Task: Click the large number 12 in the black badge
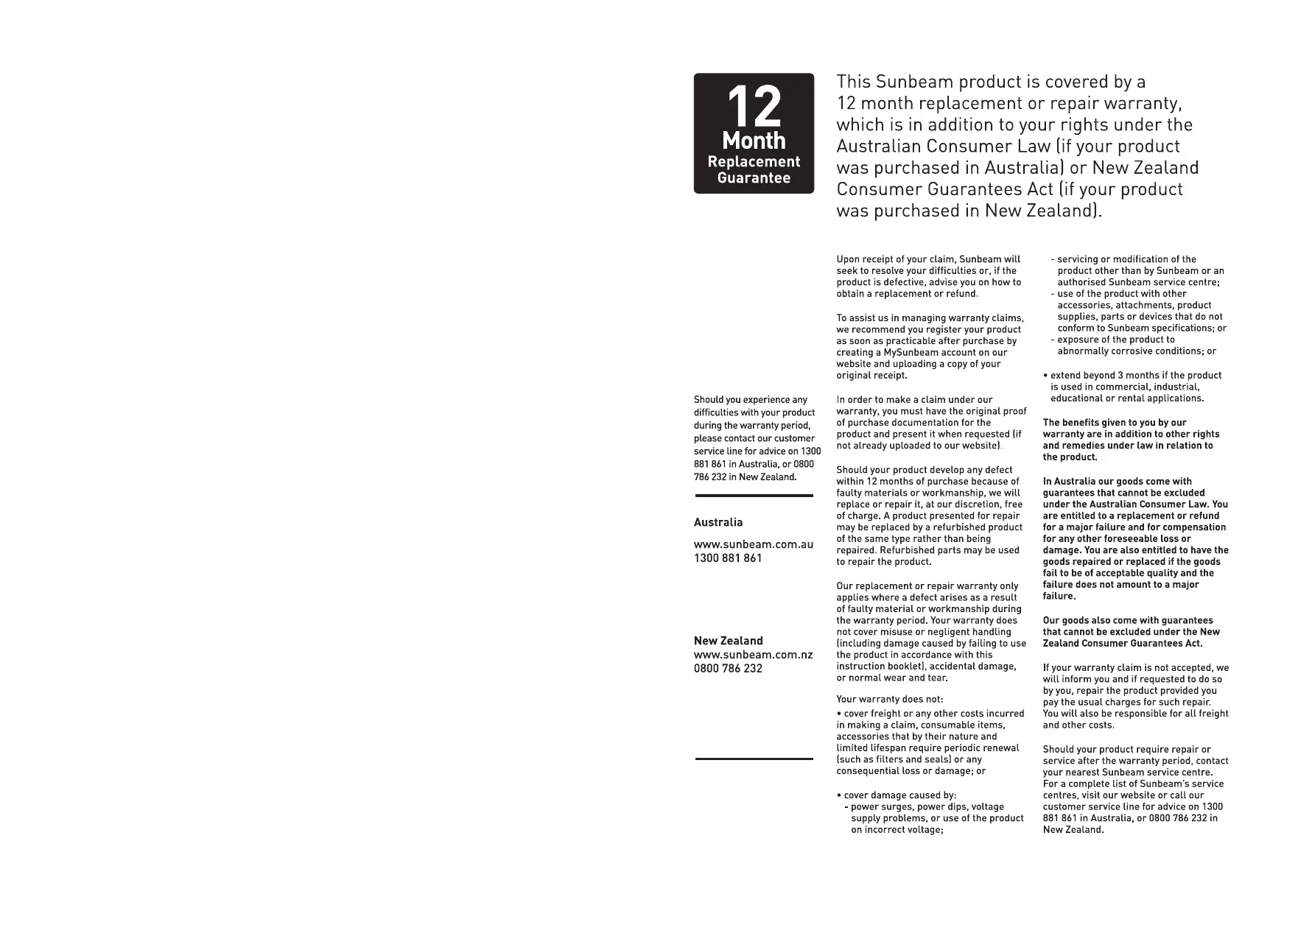pyautogui.click(x=753, y=108)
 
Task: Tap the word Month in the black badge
pyautogui.click(x=754, y=140)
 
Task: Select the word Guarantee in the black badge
pyautogui.click(x=754, y=177)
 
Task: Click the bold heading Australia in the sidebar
pyautogui.click(x=718, y=522)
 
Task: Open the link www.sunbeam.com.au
pyautogui.click(x=754, y=544)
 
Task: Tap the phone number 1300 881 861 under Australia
pyautogui.click(x=728, y=558)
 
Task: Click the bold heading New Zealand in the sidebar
pyautogui.click(x=728, y=641)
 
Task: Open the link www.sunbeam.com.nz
pyautogui.click(x=753, y=655)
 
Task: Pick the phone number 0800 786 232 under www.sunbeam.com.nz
pyautogui.click(x=728, y=669)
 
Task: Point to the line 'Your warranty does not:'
pyautogui.click(x=889, y=699)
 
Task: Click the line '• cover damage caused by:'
pyautogui.click(x=897, y=795)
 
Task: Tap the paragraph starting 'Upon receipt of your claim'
pyautogui.click(x=928, y=276)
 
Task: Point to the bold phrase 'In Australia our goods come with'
pyautogui.click(x=1117, y=482)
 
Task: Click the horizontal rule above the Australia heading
pyautogui.click(x=754, y=496)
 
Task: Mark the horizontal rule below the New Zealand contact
pyautogui.click(x=754, y=759)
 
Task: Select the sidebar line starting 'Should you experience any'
pyautogui.click(x=750, y=400)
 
